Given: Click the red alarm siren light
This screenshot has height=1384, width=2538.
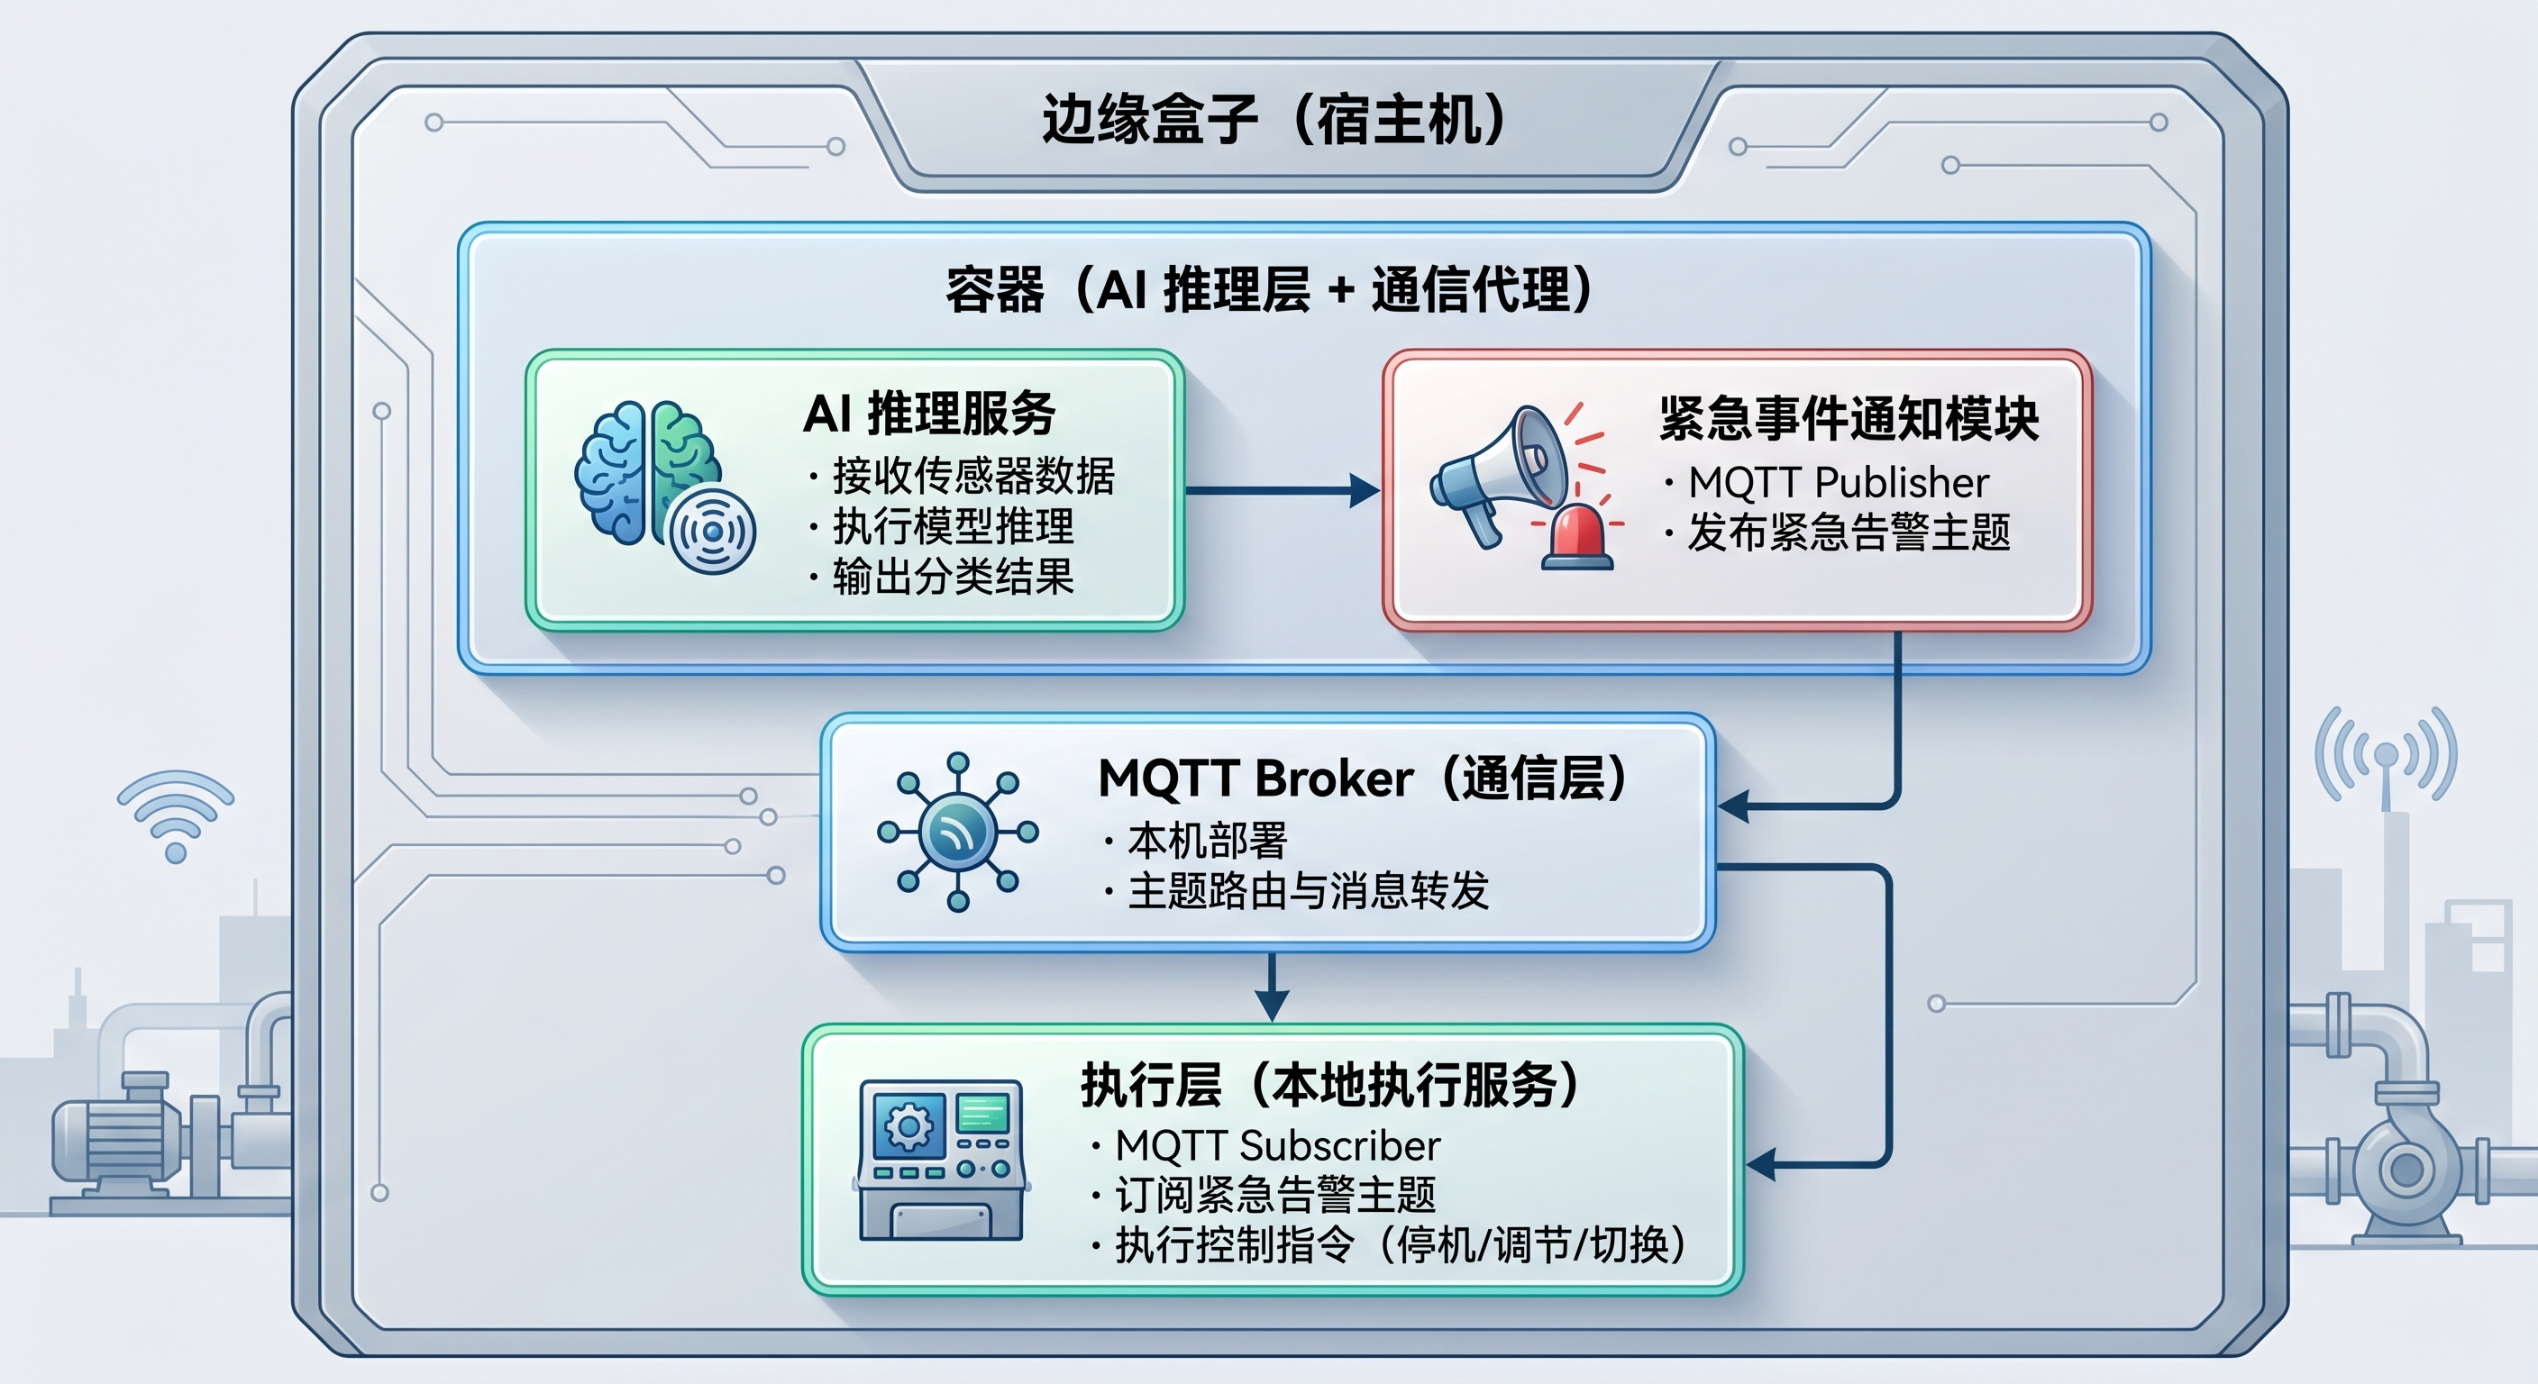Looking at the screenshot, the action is (x=1577, y=538).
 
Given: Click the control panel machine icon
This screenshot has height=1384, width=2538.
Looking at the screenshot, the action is (x=942, y=1160).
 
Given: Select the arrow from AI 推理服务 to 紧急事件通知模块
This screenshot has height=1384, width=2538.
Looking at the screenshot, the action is (x=1281, y=489).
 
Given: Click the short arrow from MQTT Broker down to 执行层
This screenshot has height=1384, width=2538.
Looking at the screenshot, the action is (x=1272, y=986).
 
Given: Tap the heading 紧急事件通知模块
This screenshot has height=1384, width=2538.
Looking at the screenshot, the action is (x=1849, y=419).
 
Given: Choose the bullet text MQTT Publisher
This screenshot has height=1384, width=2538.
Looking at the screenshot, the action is (x=1839, y=483).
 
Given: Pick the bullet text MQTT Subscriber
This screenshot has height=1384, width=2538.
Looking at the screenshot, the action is (x=1277, y=1145).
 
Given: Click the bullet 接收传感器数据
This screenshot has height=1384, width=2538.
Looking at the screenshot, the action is (x=973, y=476).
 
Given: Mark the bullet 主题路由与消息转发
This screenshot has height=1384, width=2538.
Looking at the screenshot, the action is (x=1308, y=890).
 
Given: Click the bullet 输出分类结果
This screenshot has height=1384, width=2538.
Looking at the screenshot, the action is (x=953, y=577).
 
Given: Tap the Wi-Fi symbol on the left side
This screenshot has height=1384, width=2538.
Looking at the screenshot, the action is (x=176, y=815).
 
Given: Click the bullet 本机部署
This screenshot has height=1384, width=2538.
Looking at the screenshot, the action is (x=1207, y=842).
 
